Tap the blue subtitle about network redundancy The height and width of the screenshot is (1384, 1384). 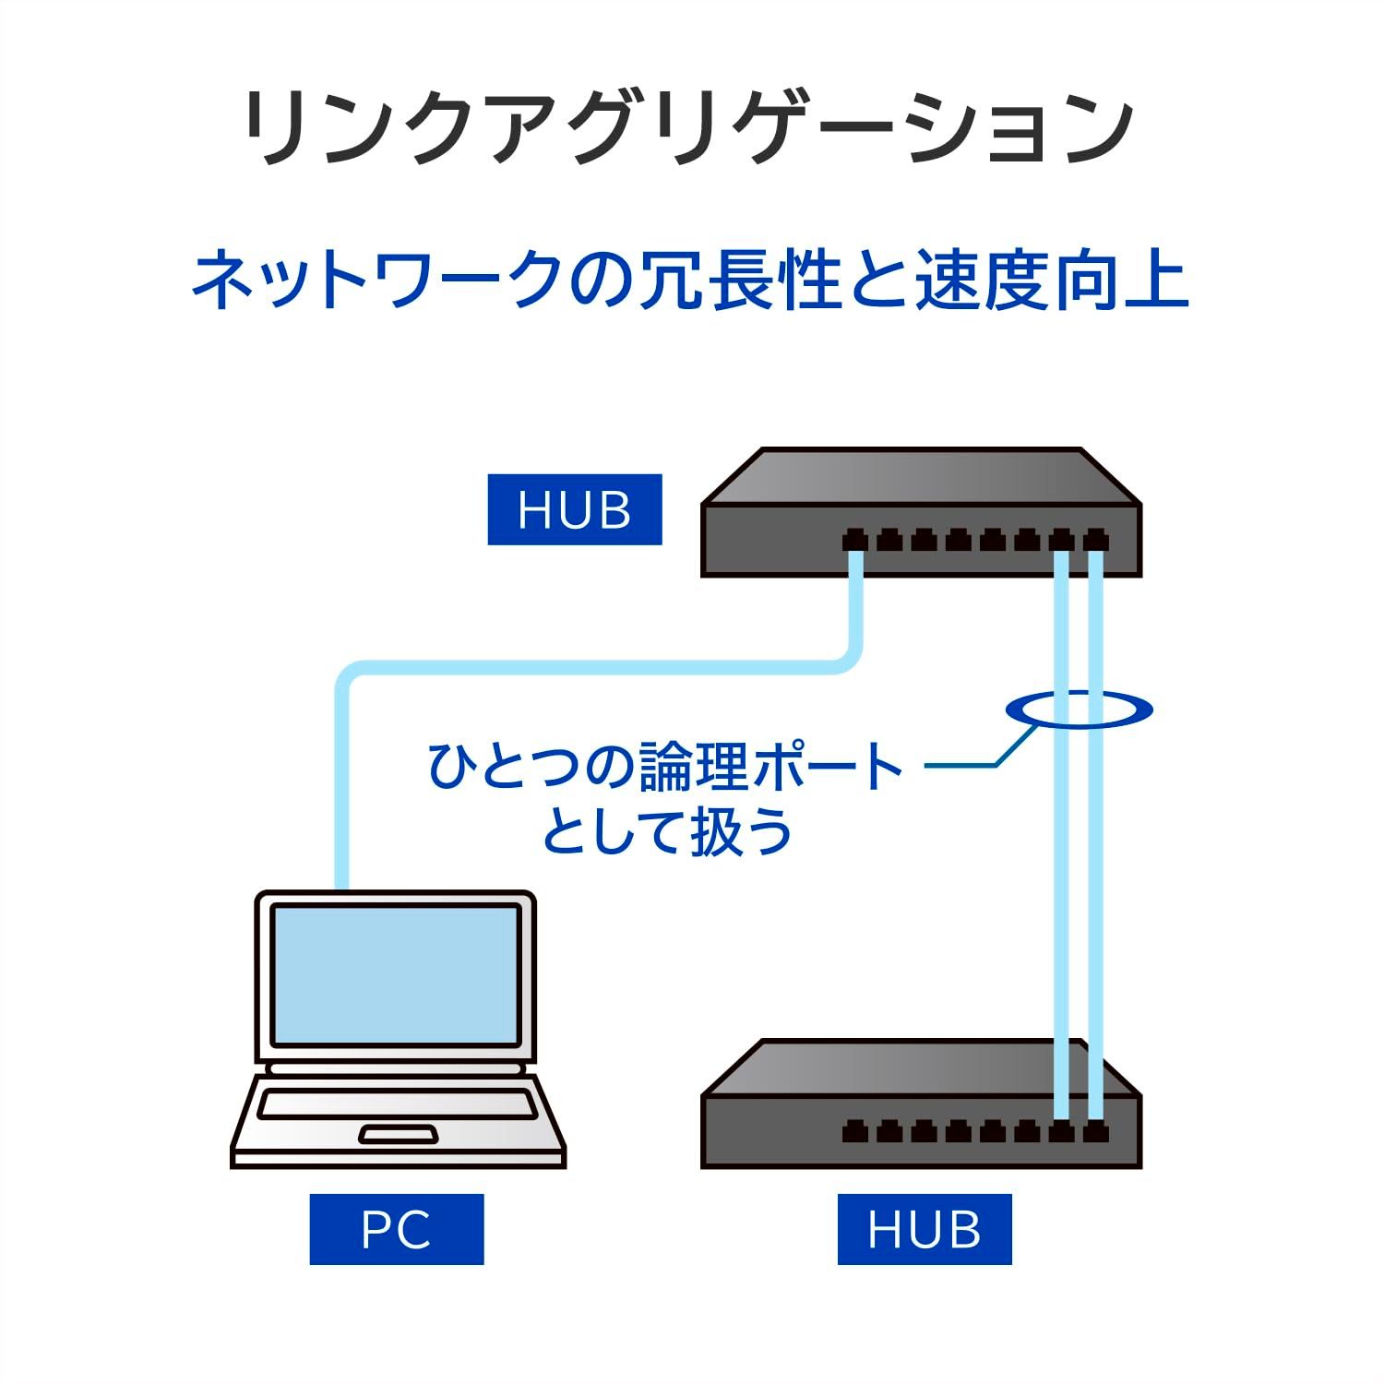pos(690,280)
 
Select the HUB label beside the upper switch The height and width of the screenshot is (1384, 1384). pos(574,509)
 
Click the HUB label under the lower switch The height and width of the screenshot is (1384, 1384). pos(924,1229)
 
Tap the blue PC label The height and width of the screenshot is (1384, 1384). pos(396,1229)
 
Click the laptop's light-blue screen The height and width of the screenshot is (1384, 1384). pos(395,974)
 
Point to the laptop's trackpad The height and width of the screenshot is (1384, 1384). pos(398,1133)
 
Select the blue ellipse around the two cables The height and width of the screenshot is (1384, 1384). pos(1078,710)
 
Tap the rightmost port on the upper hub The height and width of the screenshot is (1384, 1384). pos(1095,540)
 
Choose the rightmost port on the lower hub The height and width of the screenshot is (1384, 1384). pos(1095,1130)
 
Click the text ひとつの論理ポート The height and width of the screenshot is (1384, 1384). pos(664,768)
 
